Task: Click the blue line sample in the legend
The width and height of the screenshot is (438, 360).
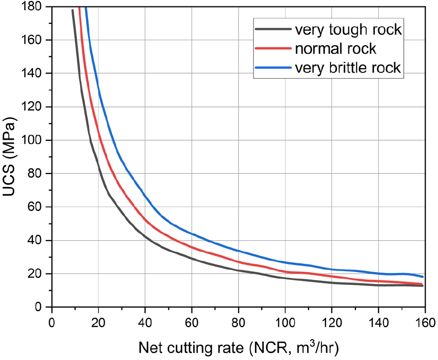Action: coord(273,68)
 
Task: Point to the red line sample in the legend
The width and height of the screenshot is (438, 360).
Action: coord(273,49)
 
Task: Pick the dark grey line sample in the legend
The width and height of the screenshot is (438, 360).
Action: coord(273,29)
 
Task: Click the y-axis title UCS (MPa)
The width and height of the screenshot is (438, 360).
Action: coord(10,157)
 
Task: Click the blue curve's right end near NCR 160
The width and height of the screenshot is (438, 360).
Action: coord(423,276)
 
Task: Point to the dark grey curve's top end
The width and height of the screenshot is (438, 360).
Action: coord(73,10)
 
